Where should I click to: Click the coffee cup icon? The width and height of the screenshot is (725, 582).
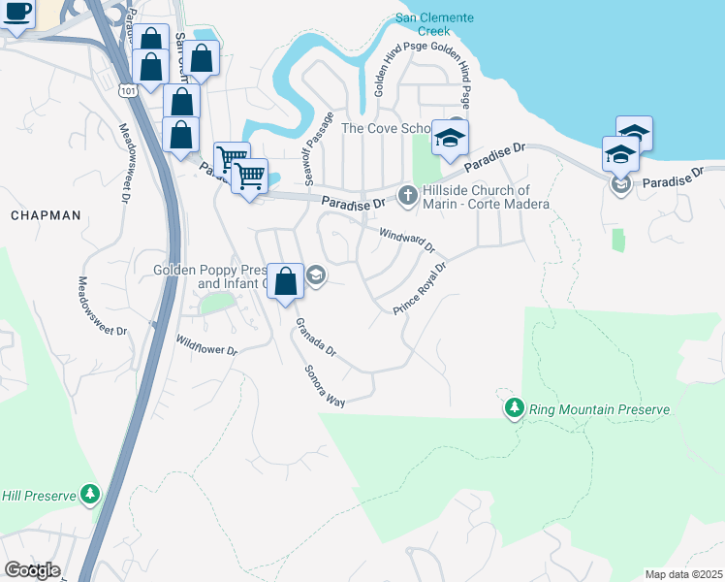[16, 13]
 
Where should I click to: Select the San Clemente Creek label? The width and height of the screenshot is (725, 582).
[434, 24]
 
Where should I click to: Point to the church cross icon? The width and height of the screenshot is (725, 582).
[408, 195]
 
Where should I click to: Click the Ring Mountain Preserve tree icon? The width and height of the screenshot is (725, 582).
[514, 409]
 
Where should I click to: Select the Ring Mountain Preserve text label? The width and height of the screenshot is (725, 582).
[599, 410]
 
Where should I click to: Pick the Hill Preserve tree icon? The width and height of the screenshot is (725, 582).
[90, 495]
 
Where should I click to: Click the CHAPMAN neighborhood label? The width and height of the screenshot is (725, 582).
[46, 215]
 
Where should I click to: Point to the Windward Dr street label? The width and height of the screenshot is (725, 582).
[408, 240]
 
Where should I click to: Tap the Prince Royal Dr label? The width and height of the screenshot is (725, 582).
[419, 288]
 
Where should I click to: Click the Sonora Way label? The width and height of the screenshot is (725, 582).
[325, 383]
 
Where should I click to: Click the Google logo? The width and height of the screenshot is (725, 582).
[32, 569]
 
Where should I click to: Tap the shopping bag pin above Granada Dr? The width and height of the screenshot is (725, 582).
[285, 282]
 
